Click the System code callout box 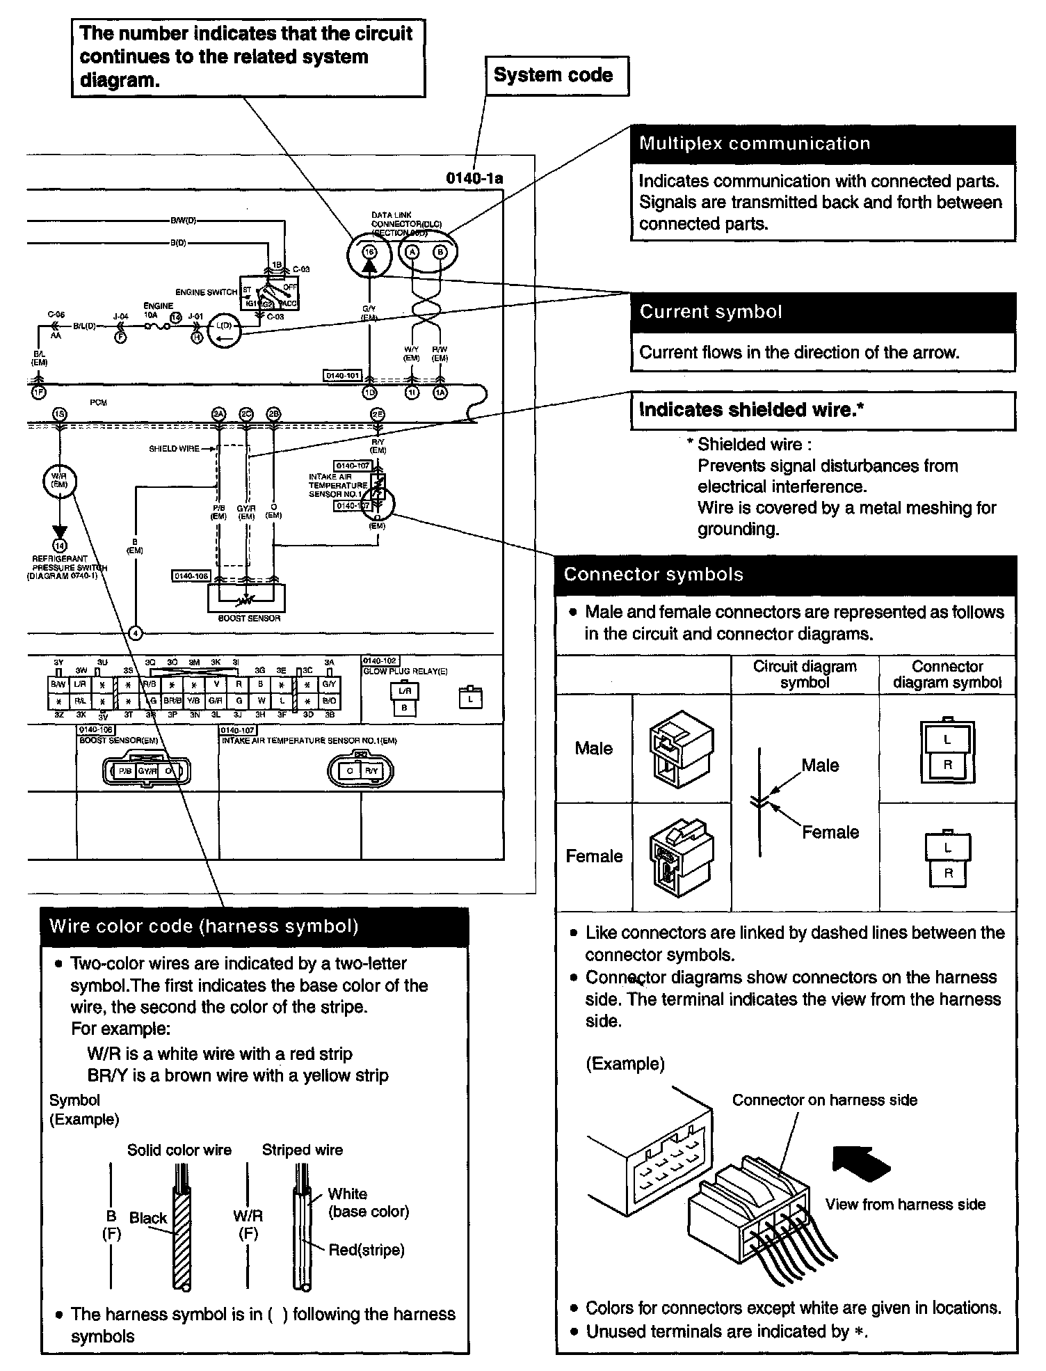point(556,76)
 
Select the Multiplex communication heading point(823,144)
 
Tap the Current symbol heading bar point(823,312)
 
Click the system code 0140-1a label point(474,179)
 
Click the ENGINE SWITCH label point(207,292)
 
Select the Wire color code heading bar point(255,926)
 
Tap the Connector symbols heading point(786,575)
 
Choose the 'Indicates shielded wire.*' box point(823,410)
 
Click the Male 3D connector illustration point(681,749)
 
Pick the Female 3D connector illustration point(681,857)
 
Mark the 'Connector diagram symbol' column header point(947,674)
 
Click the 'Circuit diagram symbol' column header point(805,674)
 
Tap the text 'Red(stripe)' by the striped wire point(367,1250)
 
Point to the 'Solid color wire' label point(179,1150)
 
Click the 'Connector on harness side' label point(824,1100)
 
